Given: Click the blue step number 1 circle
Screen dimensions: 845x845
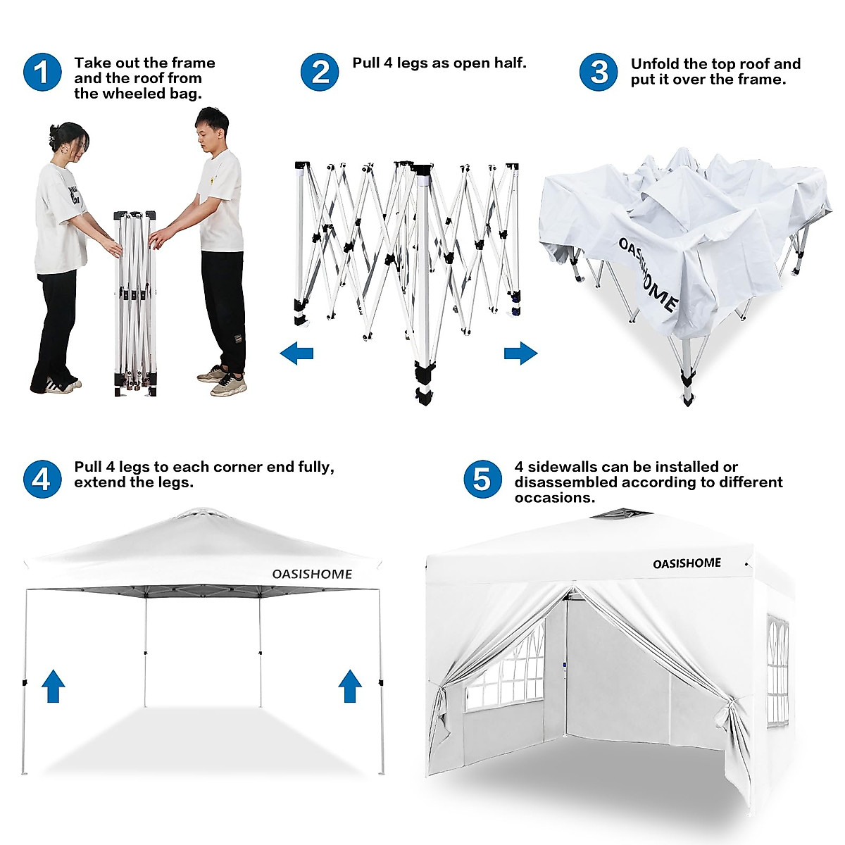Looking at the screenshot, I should pos(42,72).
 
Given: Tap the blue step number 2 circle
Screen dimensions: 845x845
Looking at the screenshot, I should pos(320,72).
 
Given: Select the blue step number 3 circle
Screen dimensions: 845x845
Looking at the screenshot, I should pos(599,72).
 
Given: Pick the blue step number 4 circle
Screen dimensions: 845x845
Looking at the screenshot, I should pos(42,479).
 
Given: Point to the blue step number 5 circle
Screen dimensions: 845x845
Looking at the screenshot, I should pos(482,479).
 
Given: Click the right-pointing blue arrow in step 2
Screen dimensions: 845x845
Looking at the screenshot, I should pos(520,353).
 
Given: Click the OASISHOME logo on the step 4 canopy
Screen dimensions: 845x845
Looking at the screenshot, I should pos(312,574).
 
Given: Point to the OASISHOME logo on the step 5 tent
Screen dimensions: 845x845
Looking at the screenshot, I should pos(687,563).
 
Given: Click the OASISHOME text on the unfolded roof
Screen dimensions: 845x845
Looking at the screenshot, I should pos(648,275).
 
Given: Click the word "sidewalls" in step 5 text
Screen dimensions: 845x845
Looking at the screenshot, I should pos(567,467).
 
